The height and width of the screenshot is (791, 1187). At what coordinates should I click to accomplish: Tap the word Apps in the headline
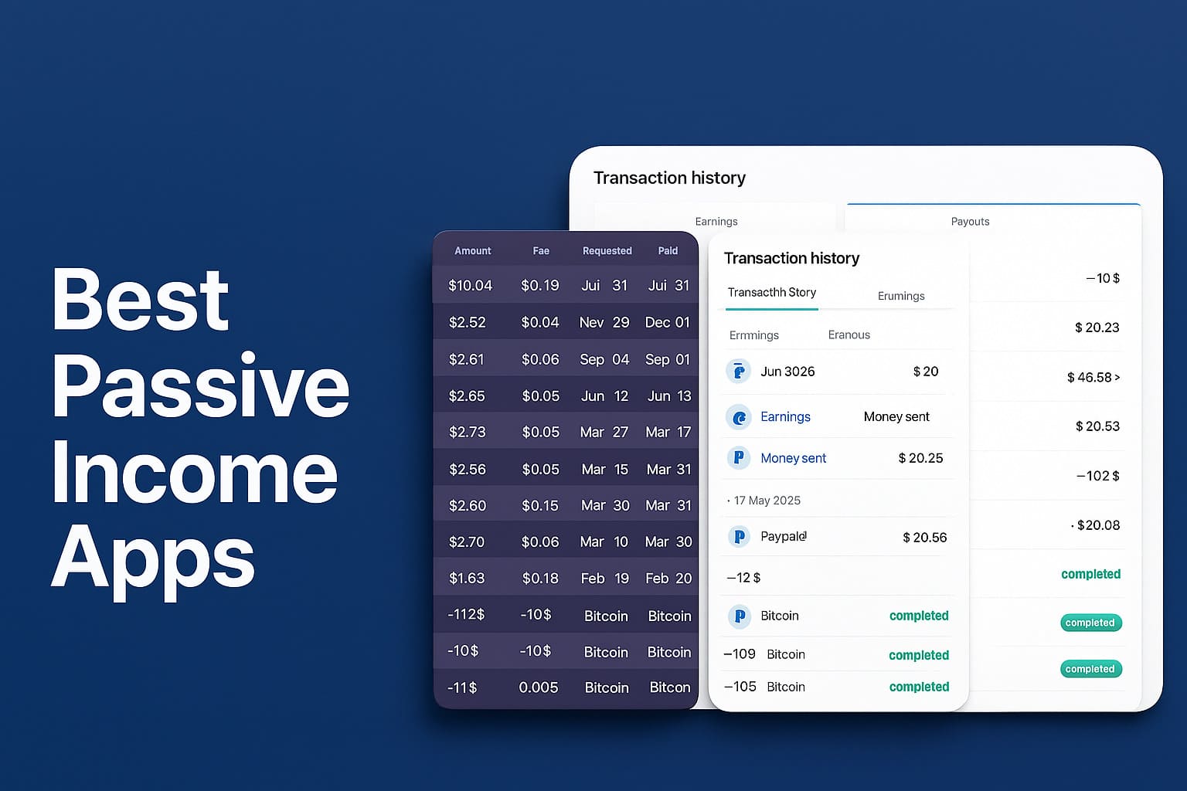point(153,561)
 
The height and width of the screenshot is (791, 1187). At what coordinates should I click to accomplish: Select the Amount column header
point(473,250)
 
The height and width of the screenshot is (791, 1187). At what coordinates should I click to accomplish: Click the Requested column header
point(607,250)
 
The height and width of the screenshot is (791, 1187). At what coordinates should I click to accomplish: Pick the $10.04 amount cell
point(471,286)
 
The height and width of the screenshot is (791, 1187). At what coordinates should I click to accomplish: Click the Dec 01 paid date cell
point(667,322)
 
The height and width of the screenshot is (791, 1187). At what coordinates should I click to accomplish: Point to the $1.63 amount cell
point(467,578)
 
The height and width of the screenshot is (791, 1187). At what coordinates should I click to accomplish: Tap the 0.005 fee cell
point(539,687)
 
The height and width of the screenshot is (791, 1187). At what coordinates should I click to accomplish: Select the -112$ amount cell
point(466,615)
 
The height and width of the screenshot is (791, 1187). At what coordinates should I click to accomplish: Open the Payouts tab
point(970,222)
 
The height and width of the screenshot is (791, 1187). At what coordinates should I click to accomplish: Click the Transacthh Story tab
point(771,293)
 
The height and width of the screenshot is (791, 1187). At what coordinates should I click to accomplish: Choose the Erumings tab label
point(901,296)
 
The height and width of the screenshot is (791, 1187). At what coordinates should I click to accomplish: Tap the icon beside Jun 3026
point(739,372)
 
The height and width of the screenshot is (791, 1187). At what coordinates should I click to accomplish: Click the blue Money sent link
point(794,458)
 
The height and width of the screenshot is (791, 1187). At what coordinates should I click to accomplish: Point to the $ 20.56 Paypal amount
point(925,538)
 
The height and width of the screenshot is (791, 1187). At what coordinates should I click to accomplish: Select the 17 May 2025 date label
point(767,501)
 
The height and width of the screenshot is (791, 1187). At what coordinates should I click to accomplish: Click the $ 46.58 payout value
point(1093,377)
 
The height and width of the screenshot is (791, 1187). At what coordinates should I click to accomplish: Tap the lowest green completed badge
point(1091,669)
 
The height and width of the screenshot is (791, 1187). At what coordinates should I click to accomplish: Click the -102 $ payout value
point(1097,476)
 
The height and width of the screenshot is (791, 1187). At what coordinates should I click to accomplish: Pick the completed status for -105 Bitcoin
point(919,687)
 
